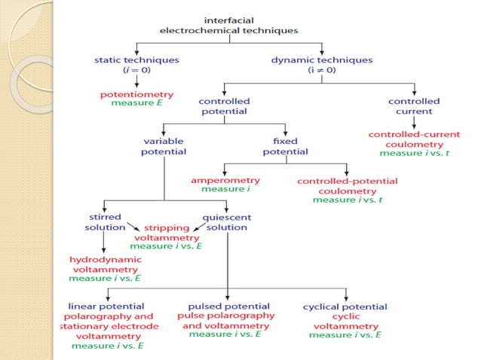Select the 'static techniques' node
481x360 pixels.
click(136, 64)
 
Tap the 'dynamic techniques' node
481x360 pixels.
click(323, 64)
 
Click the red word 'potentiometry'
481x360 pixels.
click(136, 95)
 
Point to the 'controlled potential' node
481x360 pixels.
click(225, 106)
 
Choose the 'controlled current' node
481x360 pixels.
click(414, 106)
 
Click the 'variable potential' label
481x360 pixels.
click(164, 146)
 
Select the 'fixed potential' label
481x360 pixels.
click(285, 146)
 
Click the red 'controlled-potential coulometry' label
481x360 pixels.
click(348, 186)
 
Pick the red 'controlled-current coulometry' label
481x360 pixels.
click(414, 139)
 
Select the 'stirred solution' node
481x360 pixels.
click(105, 222)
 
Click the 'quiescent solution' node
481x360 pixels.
click(227, 222)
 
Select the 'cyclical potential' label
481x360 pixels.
click(345, 307)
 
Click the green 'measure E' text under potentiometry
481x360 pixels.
click(136, 103)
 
